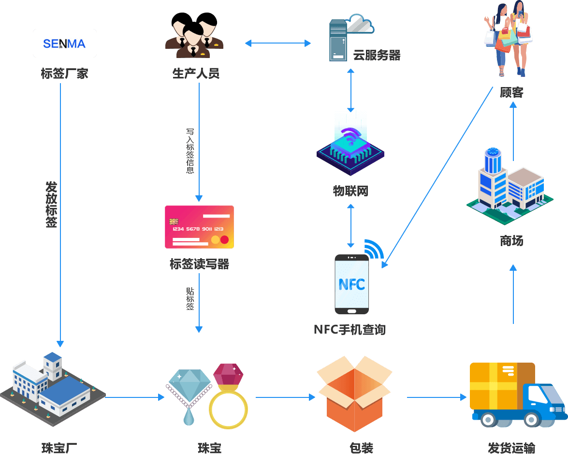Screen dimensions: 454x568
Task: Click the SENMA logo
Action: [64, 44]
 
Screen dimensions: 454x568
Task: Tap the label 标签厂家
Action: [64, 73]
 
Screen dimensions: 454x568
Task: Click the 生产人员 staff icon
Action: [194, 35]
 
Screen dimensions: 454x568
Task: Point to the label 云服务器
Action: [377, 55]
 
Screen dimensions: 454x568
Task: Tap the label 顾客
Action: [511, 92]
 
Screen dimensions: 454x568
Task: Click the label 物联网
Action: [350, 191]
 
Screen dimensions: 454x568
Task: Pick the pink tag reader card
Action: [199, 227]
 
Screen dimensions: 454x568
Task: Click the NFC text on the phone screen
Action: [352, 284]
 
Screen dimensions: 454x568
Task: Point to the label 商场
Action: [511, 240]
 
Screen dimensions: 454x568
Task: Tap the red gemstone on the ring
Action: [228, 375]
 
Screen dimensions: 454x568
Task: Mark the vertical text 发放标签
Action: [51, 205]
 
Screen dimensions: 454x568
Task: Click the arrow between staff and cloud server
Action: [278, 44]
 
